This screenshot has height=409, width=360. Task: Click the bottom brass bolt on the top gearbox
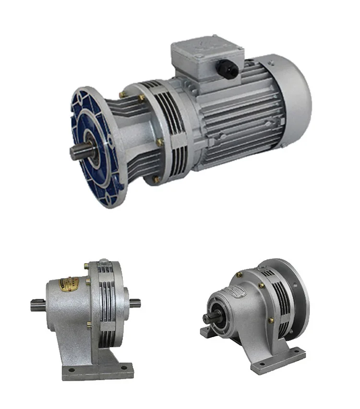[157, 180]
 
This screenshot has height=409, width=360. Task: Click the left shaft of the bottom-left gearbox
[38, 304]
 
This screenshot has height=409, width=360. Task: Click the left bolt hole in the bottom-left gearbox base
[70, 371]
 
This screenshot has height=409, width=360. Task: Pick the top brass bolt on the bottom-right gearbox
[239, 274]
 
